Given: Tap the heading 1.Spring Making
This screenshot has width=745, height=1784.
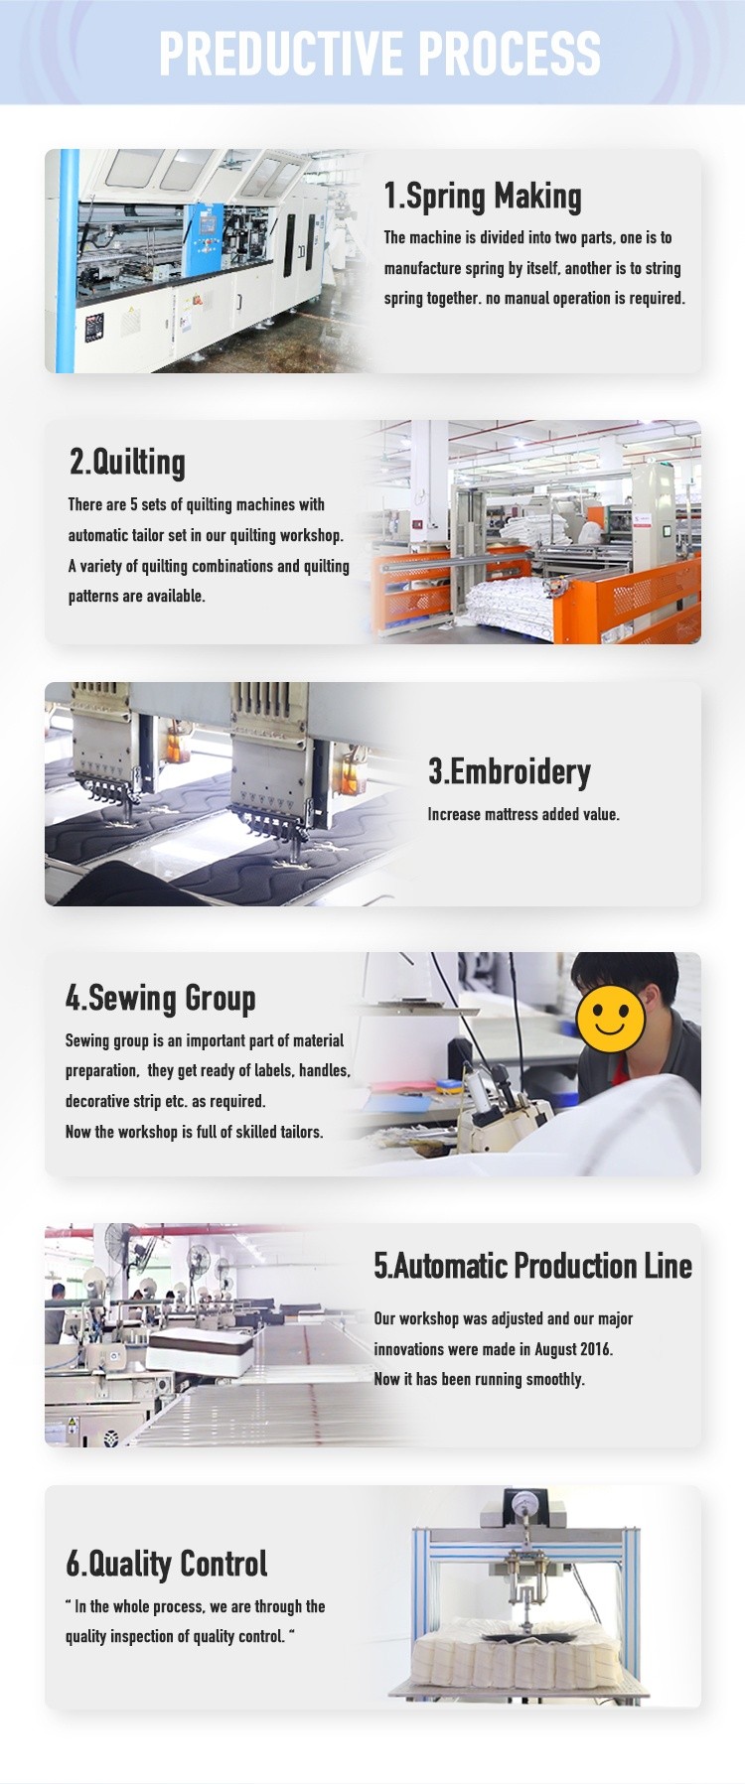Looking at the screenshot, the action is point(483,197).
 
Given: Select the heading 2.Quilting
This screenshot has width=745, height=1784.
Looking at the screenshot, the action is point(127,463).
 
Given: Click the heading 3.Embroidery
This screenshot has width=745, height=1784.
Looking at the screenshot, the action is point(510,771).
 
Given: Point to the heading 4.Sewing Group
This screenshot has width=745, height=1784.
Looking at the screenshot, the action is point(161,998).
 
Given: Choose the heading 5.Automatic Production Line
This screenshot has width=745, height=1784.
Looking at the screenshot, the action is point(533,1266).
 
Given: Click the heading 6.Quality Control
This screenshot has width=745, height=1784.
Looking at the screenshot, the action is point(167,1564).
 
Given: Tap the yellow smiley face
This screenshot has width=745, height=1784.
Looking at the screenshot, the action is point(610,1018).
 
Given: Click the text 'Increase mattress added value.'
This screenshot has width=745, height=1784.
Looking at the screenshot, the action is point(523,814).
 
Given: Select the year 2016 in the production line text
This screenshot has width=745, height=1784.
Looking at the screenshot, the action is point(595,1349).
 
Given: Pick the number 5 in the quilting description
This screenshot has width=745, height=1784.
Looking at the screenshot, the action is point(134,504).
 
